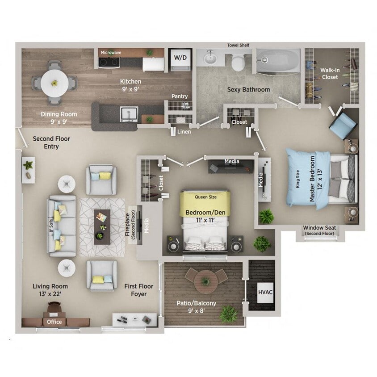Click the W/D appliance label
click(x=180, y=58)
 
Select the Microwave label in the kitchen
click(x=110, y=52)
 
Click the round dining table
click(x=54, y=83)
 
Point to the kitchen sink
click(x=128, y=114)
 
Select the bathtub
click(x=278, y=61)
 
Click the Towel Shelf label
click(x=238, y=45)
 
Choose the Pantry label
click(x=180, y=96)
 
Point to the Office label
click(x=54, y=322)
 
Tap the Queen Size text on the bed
click(x=205, y=196)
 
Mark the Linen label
click(x=184, y=132)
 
